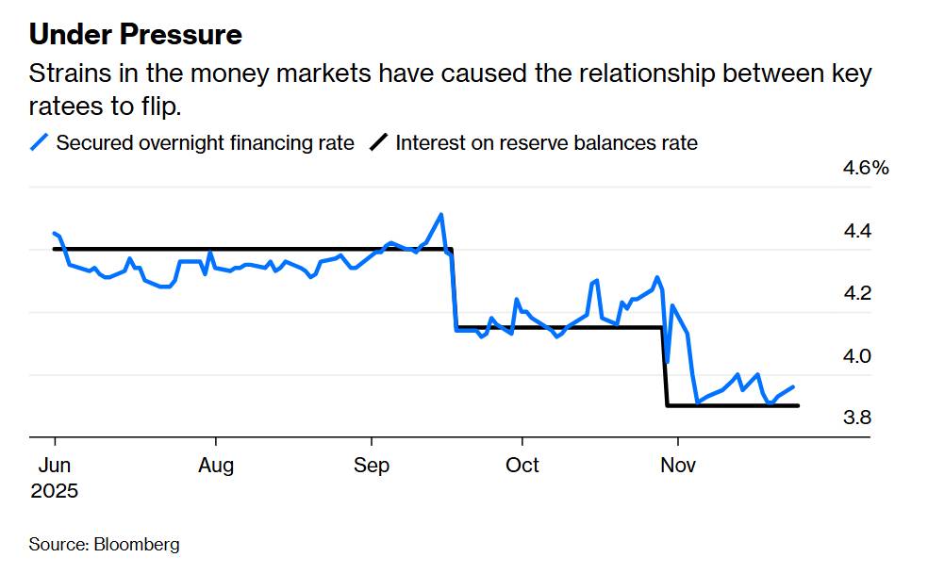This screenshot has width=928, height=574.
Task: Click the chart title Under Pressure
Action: tap(136, 35)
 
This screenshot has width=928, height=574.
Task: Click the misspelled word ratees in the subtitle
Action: tap(63, 106)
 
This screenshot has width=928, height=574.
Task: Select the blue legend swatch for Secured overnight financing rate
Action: tap(40, 143)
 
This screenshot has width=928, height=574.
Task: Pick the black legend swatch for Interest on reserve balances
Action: tap(378, 143)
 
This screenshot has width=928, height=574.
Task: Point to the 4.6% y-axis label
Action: tap(866, 169)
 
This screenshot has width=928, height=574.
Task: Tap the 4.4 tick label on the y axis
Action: tap(856, 231)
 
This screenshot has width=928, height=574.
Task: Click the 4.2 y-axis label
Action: tap(856, 293)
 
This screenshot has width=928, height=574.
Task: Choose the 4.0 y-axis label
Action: tap(856, 355)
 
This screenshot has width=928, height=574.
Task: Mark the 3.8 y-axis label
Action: tap(856, 418)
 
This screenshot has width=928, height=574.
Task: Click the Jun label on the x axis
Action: tap(55, 466)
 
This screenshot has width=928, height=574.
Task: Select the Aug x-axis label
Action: tap(217, 466)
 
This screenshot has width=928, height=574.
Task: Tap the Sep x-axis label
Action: tap(372, 466)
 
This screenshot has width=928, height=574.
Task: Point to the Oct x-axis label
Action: tap(522, 466)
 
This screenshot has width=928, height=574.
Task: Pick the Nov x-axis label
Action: tap(676, 466)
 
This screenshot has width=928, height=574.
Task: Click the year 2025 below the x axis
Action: tap(55, 491)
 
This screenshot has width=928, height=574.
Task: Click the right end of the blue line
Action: tap(793, 386)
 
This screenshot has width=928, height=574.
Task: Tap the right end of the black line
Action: tap(798, 405)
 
